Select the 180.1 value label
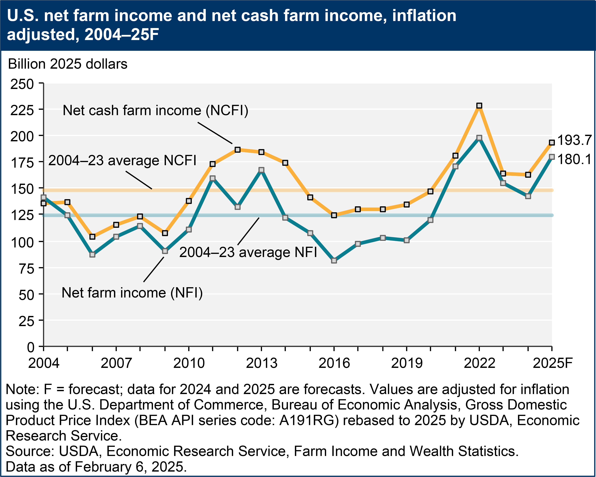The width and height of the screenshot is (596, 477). (x=574, y=159)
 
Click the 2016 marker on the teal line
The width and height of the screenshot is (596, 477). (x=334, y=260)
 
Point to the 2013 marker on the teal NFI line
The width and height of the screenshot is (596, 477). (x=261, y=170)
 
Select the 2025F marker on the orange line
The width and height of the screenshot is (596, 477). (x=552, y=143)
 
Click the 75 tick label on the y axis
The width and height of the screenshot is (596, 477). (x=26, y=269)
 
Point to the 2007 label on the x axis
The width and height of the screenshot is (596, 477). (x=116, y=363)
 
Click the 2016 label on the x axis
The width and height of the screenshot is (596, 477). (x=334, y=363)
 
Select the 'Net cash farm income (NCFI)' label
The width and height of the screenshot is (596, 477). (x=155, y=110)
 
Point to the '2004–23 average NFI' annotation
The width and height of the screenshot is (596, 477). (x=248, y=252)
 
